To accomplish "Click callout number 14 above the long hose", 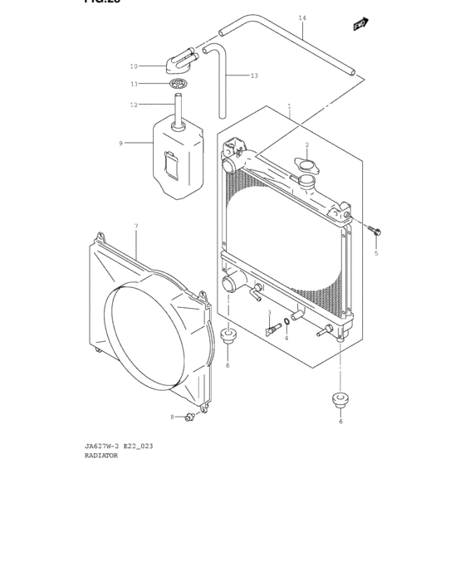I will [302, 17].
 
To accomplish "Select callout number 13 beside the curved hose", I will [254, 76].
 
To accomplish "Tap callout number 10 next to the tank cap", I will [134, 66].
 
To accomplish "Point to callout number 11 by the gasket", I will [134, 84].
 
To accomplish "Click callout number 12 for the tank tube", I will [134, 105].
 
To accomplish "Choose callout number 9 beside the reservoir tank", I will [120, 144].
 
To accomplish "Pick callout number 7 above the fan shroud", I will [136, 226].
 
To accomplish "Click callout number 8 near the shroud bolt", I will [173, 417].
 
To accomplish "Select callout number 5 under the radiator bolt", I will [375, 253].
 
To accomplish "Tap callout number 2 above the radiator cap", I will [306, 145].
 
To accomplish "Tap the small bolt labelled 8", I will [191, 416].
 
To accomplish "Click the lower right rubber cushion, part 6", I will [340, 398].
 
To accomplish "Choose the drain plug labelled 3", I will [270, 330].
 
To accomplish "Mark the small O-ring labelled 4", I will [286, 322].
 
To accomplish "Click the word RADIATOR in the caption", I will [101, 455].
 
